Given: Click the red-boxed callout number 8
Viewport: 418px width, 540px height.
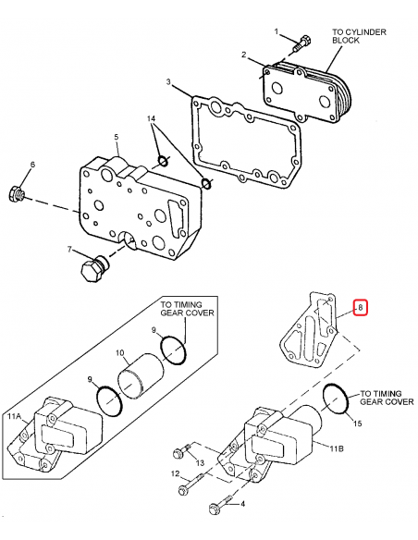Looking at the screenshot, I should (x=362, y=307).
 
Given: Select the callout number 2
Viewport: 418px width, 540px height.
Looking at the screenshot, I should (x=244, y=55).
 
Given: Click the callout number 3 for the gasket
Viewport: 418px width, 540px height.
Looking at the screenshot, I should (x=169, y=83).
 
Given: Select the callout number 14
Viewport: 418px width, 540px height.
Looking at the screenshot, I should (x=153, y=120).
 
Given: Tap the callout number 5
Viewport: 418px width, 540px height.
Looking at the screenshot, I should (x=117, y=138).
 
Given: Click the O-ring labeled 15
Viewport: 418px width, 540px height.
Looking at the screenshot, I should (x=338, y=400).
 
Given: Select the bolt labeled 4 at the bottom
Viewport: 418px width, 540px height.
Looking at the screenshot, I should (x=218, y=506).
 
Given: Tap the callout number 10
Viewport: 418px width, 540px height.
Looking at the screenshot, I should (x=119, y=352).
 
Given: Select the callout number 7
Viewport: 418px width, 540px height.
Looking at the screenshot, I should (x=68, y=250).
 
